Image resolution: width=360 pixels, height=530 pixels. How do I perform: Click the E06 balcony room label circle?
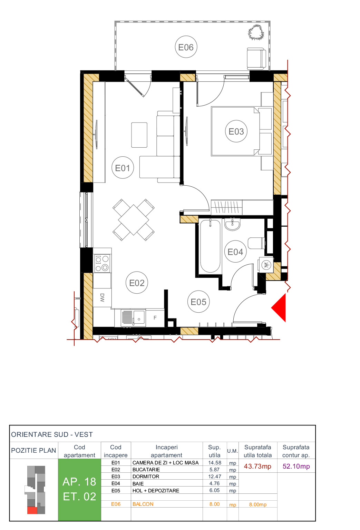click(x=186, y=47)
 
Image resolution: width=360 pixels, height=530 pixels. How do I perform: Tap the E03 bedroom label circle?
click(x=236, y=131)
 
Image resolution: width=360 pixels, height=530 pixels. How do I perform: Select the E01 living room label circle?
click(x=123, y=168)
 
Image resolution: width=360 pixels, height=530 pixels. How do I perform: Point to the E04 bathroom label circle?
click(x=235, y=252)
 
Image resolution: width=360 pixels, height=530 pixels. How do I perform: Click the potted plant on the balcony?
click(x=256, y=33)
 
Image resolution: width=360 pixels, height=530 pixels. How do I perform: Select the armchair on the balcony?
click(x=256, y=59)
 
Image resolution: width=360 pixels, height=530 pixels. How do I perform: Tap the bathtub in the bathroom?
click(x=210, y=246)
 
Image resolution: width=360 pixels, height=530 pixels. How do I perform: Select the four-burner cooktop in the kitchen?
click(x=102, y=263)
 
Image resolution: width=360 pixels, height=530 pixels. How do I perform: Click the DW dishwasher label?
click(x=102, y=297)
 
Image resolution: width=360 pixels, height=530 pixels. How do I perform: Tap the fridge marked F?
click(x=155, y=318)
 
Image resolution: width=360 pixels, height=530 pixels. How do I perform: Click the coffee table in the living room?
click(x=139, y=135)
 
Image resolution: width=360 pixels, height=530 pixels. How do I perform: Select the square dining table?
click(x=133, y=220)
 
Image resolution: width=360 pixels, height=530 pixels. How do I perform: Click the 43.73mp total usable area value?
click(x=257, y=467)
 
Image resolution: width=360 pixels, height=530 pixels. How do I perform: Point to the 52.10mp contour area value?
click(x=296, y=467)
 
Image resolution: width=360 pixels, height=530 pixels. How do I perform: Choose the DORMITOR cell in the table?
click(x=146, y=477)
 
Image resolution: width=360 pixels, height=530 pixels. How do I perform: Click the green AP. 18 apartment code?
click(x=79, y=482)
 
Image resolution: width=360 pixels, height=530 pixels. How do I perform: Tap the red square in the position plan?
click(x=32, y=510)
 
